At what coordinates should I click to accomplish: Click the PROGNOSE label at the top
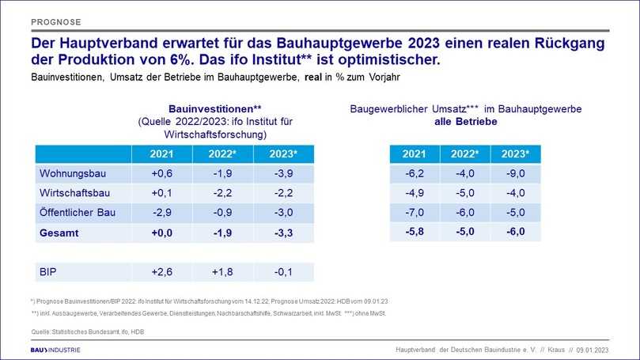coord(56,21)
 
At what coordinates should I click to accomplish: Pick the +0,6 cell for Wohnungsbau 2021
coord(161,172)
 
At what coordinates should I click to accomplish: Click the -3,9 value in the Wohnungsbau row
coord(283,172)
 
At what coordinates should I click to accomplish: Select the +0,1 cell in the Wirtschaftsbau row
coord(161,192)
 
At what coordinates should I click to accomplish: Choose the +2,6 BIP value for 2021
coord(161,271)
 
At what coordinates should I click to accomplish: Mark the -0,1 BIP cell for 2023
coord(283,271)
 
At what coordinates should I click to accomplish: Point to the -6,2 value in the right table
coord(413,172)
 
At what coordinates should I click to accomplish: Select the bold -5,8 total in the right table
coord(413,231)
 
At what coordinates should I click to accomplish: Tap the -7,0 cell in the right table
coord(413,211)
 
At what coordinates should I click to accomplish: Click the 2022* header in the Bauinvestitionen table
coord(222,153)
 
